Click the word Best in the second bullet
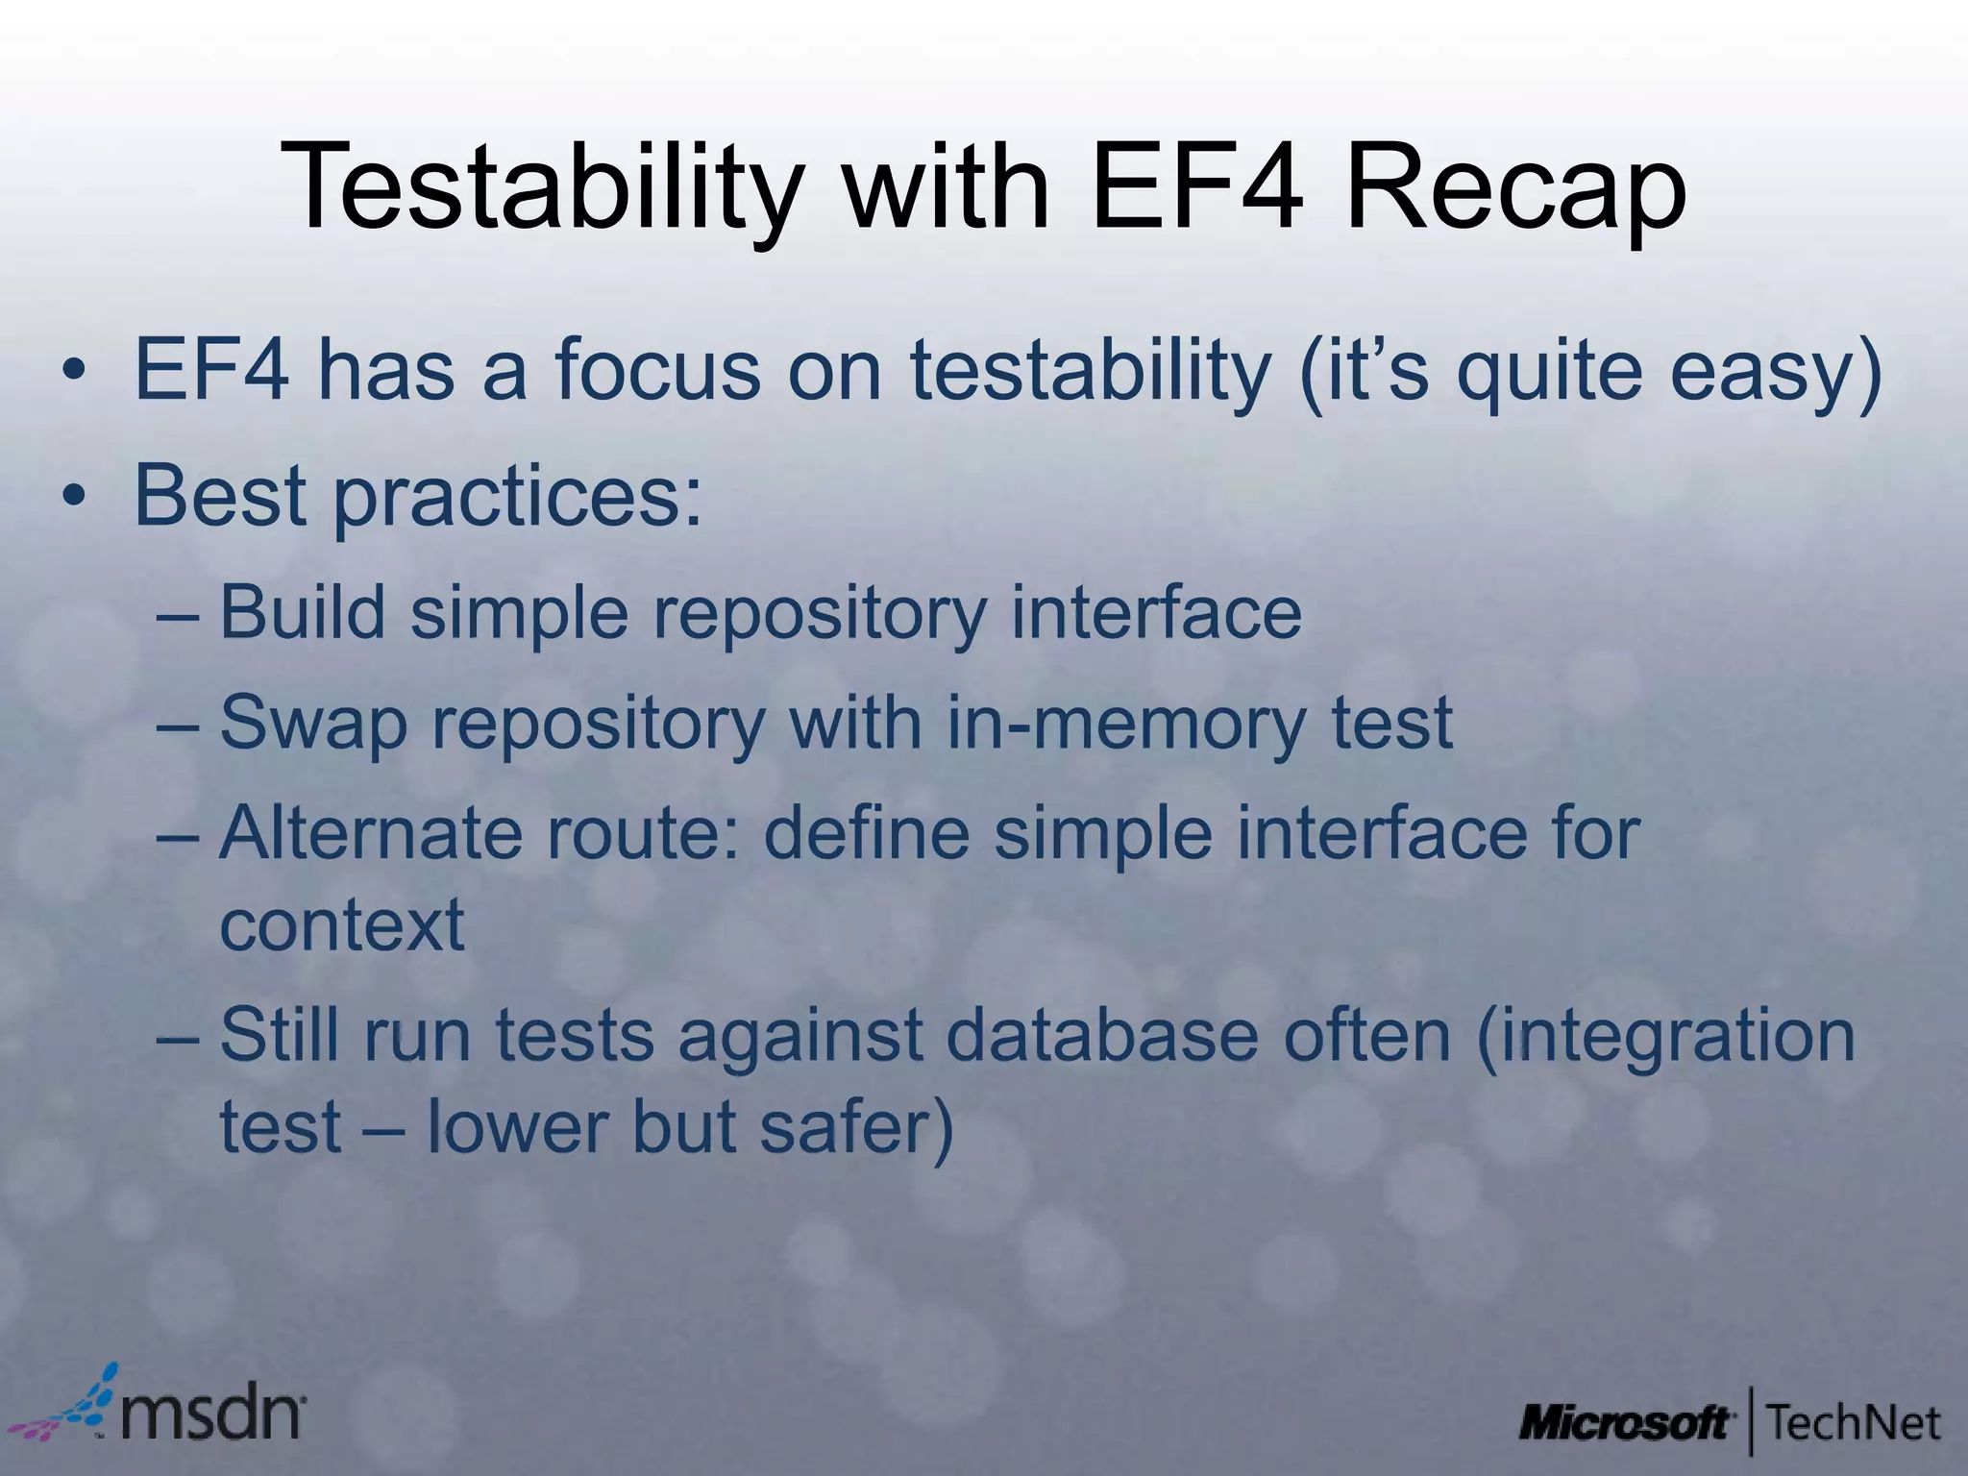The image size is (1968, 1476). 220,496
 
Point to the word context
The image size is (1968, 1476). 342,924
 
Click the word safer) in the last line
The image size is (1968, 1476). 856,1126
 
